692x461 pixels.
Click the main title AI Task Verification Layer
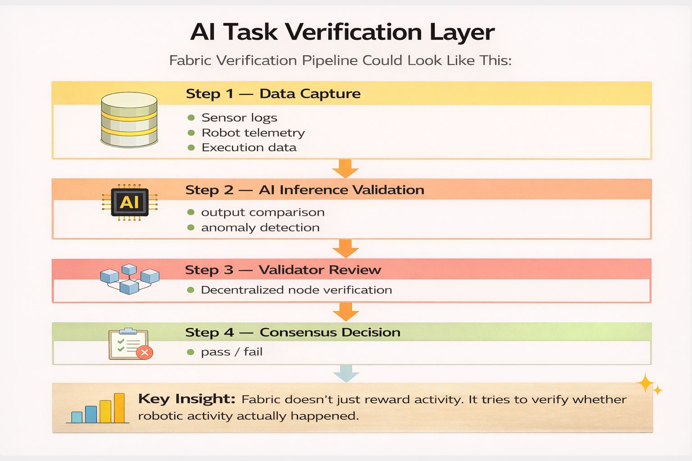click(x=342, y=32)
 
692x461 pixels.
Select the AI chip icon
click(x=129, y=203)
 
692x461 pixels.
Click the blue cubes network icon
click(x=129, y=279)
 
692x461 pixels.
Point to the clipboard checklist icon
click(x=128, y=343)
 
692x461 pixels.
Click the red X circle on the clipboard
click(x=145, y=353)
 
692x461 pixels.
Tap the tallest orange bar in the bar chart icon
click(x=119, y=408)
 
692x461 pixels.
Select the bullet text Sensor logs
click(x=239, y=118)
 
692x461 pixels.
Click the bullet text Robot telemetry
click(x=253, y=133)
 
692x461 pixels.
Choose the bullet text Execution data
click(x=249, y=148)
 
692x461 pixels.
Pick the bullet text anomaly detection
click(x=260, y=228)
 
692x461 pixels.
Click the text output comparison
click(x=263, y=212)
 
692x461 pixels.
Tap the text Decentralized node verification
click(x=296, y=290)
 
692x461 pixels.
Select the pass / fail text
click(x=232, y=352)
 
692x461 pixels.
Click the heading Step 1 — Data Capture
click(x=273, y=94)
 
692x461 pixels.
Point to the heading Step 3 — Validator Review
click(x=283, y=270)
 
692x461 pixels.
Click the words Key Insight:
click(x=187, y=399)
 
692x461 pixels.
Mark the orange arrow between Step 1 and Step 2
click(x=346, y=169)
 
